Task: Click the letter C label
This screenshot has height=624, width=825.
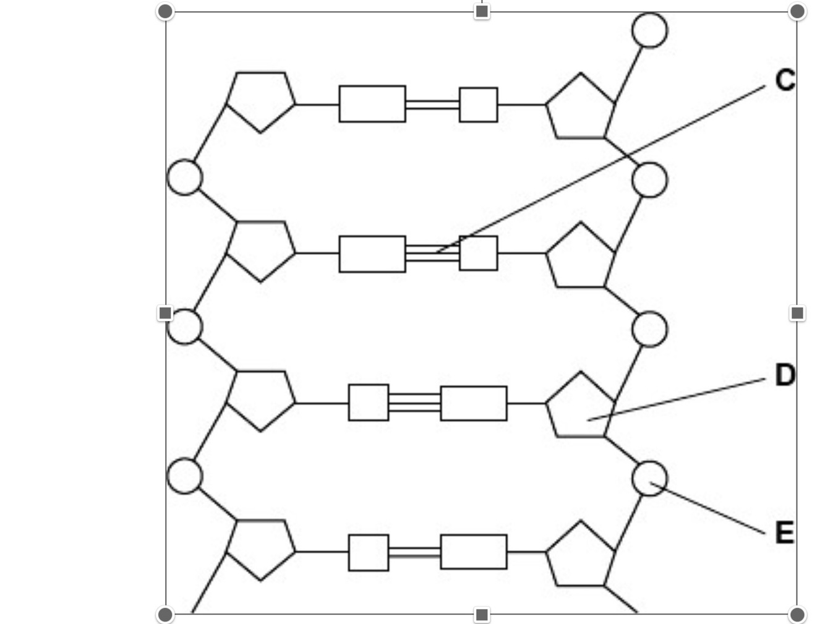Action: [784, 80]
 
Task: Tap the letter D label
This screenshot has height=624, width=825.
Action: [785, 375]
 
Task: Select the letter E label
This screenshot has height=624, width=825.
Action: [784, 532]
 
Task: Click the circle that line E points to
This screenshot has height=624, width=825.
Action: [649, 478]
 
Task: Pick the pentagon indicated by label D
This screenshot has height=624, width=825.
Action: [580, 407]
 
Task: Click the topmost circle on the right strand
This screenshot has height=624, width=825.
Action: [649, 30]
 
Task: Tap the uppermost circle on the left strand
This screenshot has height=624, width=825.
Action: [184, 177]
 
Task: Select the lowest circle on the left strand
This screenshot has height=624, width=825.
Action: [184, 476]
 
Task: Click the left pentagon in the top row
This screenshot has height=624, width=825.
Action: [260, 100]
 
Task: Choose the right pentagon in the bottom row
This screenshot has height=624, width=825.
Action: [580, 555]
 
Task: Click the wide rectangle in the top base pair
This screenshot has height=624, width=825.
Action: [372, 104]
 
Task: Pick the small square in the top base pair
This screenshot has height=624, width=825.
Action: [478, 105]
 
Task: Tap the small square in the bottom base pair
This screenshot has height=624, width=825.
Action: [369, 552]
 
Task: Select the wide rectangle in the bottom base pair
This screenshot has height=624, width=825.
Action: [474, 552]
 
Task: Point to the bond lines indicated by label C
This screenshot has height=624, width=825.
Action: [432, 253]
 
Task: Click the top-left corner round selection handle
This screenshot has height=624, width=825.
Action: [165, 11]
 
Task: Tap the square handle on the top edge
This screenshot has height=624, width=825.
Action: [482, 11]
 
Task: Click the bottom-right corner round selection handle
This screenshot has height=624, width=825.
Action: [797, 615]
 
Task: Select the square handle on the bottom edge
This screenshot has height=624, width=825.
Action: [482, 615]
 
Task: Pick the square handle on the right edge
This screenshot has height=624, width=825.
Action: [797, 313]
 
